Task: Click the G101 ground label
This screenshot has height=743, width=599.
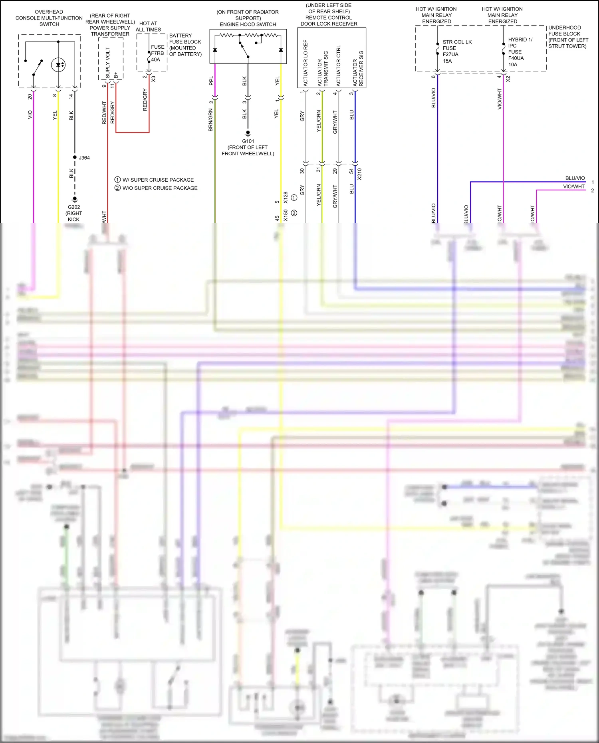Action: coord(248,141)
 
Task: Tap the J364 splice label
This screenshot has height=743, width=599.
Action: coord(84,158)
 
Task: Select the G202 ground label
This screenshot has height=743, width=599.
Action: coord(74,207)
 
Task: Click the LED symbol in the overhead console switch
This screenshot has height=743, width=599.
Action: coord(59,65)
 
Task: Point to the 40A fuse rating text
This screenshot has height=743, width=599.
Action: coord(155,59)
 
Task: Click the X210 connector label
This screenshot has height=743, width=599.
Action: coord(359,174)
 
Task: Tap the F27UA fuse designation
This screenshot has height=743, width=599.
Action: coord(450,54)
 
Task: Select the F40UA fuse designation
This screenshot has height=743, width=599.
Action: coord(516,58)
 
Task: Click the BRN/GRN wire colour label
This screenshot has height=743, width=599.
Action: coord(210,120)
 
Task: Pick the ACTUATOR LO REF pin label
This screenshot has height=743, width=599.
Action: coord(305,63)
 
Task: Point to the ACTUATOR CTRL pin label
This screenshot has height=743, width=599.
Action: coord(339,65)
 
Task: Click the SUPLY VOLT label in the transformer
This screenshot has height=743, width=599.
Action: coord(107,63)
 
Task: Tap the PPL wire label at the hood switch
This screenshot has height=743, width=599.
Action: coord(211,81)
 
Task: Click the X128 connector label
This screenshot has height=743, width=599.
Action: coord(286,198)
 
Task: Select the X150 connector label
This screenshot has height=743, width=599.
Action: coord(286,216)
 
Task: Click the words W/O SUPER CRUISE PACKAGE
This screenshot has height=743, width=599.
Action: coord(160,188)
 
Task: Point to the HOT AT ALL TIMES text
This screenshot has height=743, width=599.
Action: coord(148,26)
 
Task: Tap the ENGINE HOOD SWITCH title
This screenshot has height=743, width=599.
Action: coord(248,24)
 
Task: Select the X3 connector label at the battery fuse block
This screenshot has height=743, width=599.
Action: coord(153,79)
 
